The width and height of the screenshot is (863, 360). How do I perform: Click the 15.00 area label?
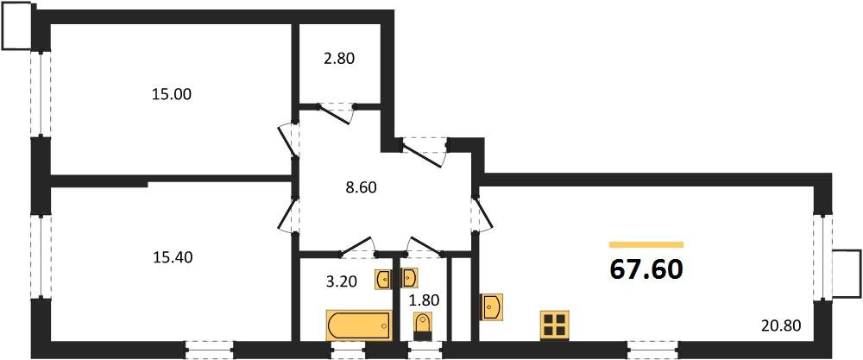coord(171,95)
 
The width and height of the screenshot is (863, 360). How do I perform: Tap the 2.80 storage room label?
coord(338,59)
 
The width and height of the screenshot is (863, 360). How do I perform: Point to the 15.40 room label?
coord(173,256)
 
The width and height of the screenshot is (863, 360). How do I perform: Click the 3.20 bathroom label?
coord(341,282)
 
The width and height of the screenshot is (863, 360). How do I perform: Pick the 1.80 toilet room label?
coord(424,300)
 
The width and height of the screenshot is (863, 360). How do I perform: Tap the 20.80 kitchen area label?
coord(782,325)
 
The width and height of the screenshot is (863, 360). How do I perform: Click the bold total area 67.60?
coord(646,269)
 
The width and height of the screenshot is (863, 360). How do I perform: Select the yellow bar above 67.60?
coord(646,244)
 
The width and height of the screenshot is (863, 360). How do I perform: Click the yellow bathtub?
coord(359,325)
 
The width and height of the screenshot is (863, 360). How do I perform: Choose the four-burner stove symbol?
coord(555,325)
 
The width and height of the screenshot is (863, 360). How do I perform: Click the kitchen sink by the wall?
coord(491,306)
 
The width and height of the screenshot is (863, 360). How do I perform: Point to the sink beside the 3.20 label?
coord(384,279)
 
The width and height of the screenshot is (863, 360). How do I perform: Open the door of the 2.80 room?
coord(336,113)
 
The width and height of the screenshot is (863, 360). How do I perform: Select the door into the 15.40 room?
coord(288,215)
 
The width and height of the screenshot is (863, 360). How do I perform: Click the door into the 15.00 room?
coord(288,141)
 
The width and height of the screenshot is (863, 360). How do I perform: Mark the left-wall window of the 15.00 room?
coord(41,94)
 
